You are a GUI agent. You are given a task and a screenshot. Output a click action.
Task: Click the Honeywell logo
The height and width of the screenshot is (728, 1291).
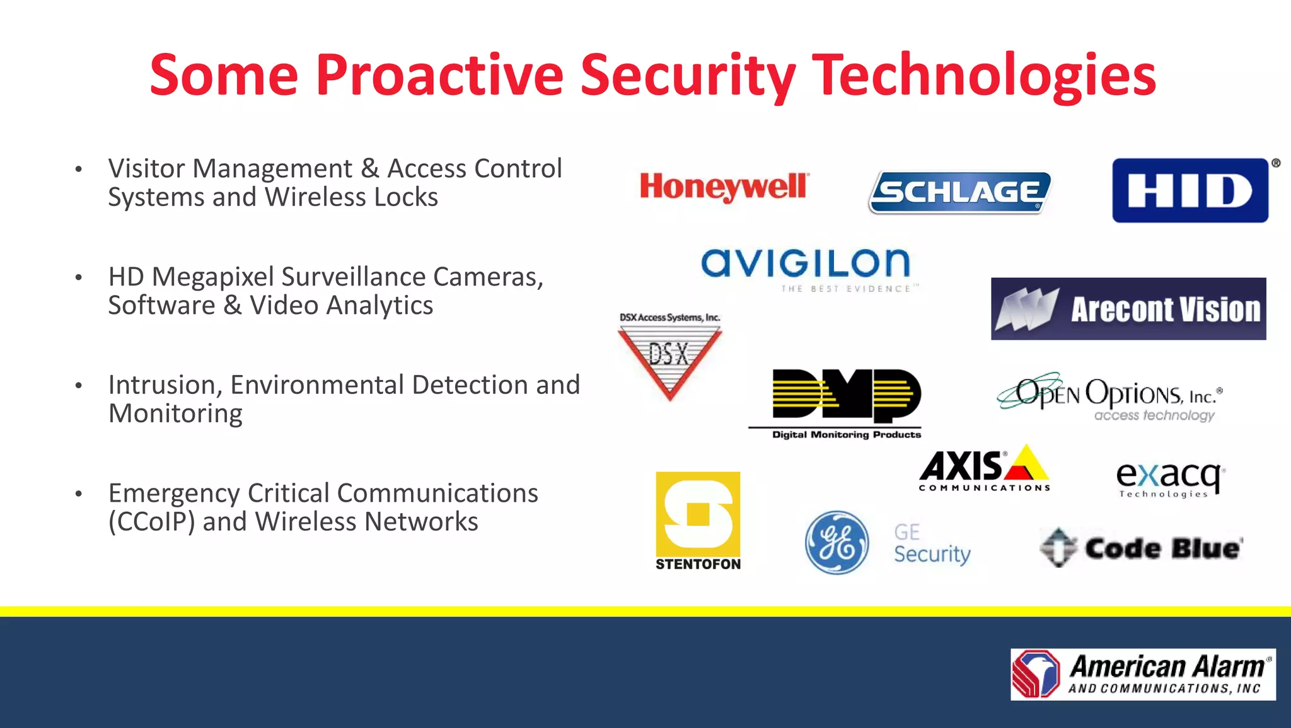coord(723,187)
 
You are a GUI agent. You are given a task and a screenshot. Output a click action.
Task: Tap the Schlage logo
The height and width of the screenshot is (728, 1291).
coord(959,192)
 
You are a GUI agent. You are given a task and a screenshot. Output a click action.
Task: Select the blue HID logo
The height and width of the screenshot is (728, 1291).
coord(1190,190)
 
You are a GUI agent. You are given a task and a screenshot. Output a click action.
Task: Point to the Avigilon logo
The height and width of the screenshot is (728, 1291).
coord(806,265)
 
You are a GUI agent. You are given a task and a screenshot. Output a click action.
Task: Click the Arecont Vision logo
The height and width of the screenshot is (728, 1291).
coord(1128,309)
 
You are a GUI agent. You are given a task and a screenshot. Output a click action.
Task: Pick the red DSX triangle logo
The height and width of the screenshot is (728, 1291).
coord(669,356)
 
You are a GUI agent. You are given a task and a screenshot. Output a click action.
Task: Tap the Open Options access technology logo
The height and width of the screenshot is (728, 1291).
coord(1109,397)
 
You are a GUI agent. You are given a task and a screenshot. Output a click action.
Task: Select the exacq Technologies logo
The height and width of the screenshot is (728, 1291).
coord(1170,479)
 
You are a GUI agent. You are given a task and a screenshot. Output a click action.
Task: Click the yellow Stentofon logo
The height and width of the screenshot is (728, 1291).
coord(698,521)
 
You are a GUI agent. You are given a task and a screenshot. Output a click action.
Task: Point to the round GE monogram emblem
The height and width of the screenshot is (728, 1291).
coord(837,542)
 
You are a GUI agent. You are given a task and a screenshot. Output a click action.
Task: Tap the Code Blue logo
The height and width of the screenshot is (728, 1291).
coord(1141,547)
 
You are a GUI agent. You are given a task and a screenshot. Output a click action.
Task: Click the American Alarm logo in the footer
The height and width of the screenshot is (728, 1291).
coord(1143,674)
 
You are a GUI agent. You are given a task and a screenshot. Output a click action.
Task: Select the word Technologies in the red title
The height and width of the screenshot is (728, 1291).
coord(983,76)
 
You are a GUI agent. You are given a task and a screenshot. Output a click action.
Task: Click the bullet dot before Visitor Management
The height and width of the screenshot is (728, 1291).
coord(78,169)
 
